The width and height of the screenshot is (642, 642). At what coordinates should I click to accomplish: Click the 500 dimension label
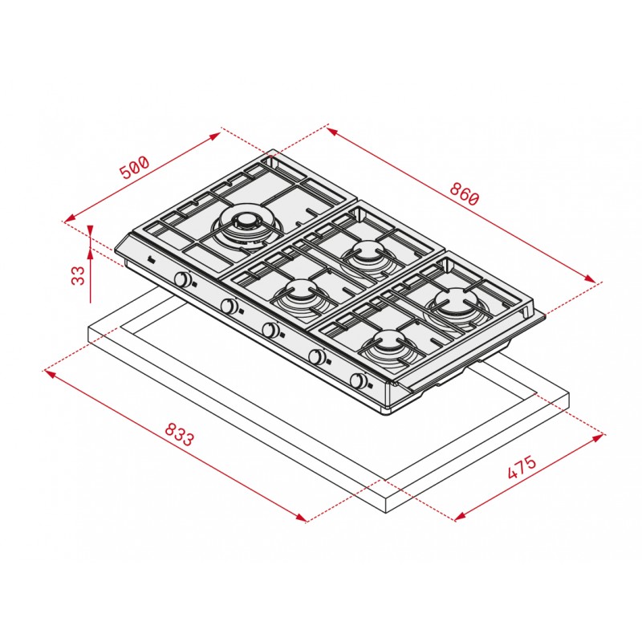tap(135, 166)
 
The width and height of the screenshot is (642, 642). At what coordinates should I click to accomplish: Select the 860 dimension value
tap(464, 193)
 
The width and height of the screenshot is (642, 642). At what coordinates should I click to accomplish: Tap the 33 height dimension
tap(78, 274)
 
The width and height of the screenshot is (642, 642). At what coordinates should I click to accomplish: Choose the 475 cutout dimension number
tap(522, 467)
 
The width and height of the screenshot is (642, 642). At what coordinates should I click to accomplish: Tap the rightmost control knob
tap(359, 380)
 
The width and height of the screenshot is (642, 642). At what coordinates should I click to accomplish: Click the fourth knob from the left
tap(316, 356)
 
